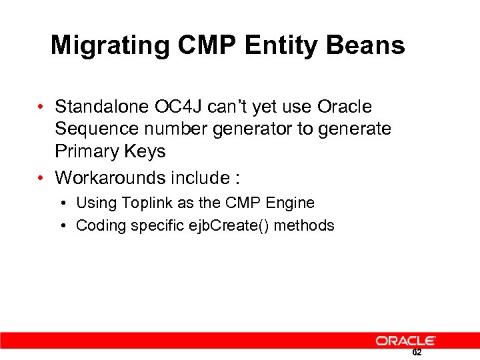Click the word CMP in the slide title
tap(208, 45)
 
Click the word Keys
tap(145, 151)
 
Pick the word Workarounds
tap(111, 178)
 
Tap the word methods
tap(304, 225)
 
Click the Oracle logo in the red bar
tap(405, 341)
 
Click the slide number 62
tap(417, 353)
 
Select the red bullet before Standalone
tap(41, 107)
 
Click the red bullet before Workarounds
tap(41, 179)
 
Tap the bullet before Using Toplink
tap(62, 203)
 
